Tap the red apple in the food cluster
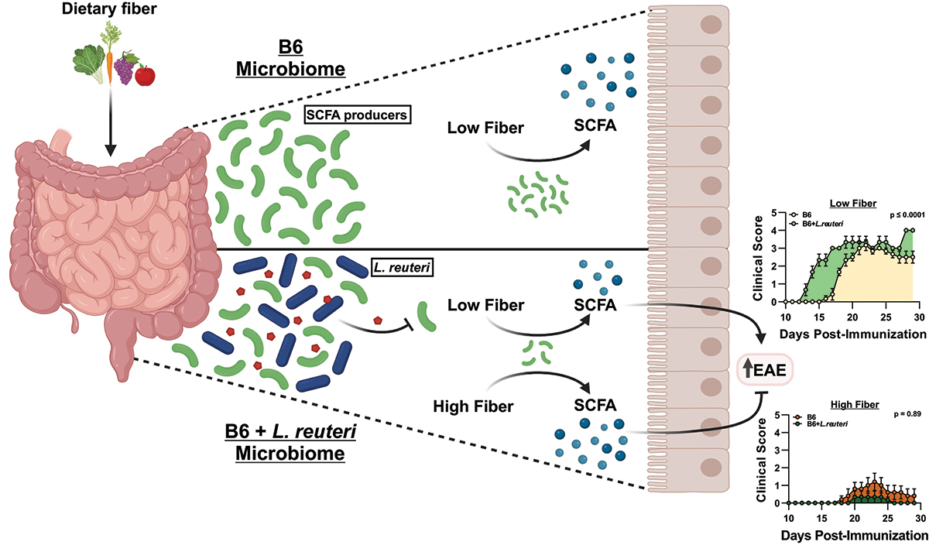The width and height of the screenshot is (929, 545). [144, 76]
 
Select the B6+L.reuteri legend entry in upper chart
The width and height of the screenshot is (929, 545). [811, 225]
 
